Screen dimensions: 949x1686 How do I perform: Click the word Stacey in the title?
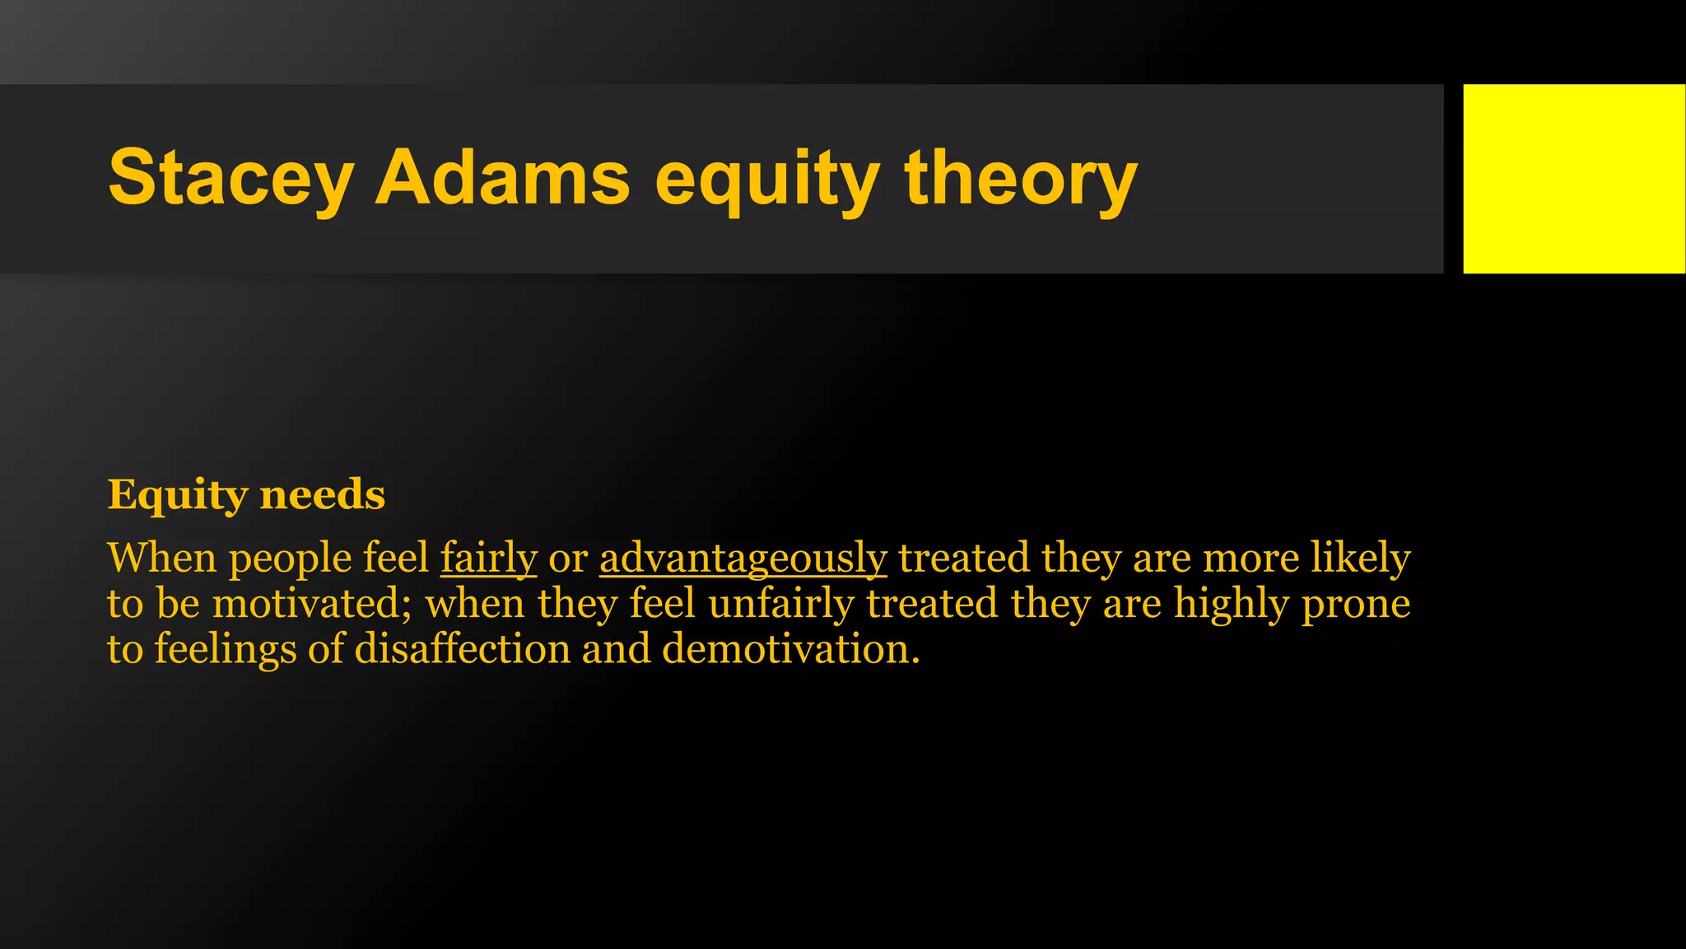[x=231, y=179]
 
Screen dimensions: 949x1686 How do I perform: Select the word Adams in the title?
[x=502, y=177]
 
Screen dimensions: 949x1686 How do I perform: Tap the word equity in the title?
[x=766, y=179]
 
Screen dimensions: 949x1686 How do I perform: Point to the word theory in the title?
[x=1021, y=179]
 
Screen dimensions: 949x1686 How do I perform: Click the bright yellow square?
[x=1573, y=178]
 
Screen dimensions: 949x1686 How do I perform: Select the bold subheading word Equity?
[x=177, y=495]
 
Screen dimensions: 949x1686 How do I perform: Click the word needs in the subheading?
[x=322, y=494]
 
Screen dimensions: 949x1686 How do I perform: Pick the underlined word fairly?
[x=488, y=559]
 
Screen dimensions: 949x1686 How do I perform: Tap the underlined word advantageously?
[x=743, y=559]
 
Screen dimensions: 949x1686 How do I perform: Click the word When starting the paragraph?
[x=162, y=558]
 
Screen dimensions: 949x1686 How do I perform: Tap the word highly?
[x=1231, y=604]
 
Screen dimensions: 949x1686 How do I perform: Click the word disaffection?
[x=462, y=648]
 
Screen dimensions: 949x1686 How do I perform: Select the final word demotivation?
[x=790, y=648]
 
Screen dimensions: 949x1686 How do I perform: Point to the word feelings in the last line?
[x=225, y=650]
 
